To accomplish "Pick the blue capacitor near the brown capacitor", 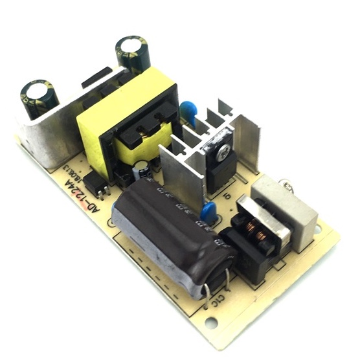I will click(208, 211).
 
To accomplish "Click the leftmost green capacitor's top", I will click(39, 90).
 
